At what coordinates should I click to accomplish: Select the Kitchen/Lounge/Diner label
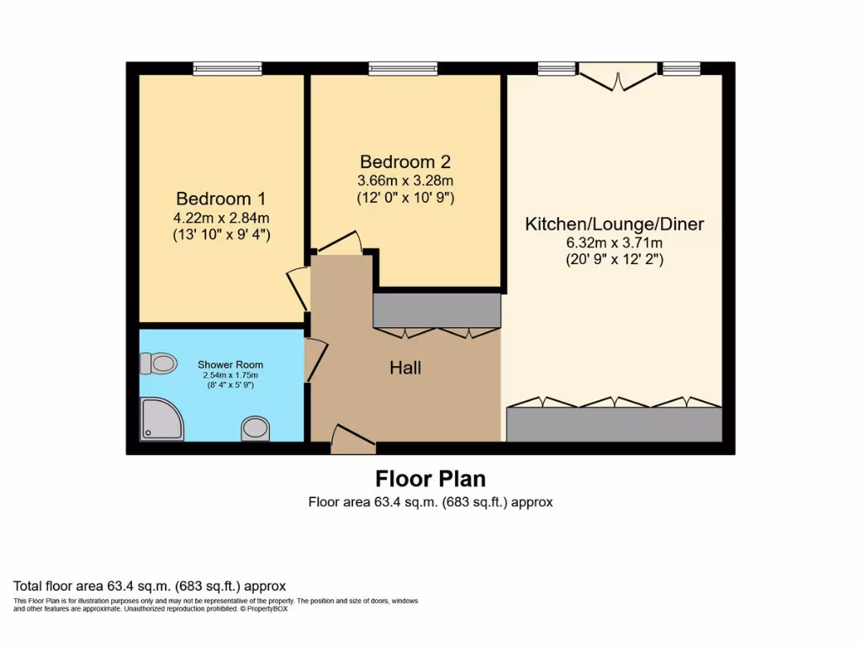click(614, 224)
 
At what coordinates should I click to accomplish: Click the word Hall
click(404, 368)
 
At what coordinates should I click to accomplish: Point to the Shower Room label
click(230, 365)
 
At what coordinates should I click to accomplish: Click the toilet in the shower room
click(158, 363)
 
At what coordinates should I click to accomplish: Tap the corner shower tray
click(161, 418)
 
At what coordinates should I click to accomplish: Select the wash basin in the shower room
click(255, 429)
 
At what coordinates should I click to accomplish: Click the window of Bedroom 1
click(227, 69)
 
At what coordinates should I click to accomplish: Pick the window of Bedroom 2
click(403, 69)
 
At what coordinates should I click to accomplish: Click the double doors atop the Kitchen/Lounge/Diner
click(618, 77)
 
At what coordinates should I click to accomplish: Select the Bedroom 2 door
click(340, 243)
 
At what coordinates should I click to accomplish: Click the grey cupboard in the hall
click(436, 310)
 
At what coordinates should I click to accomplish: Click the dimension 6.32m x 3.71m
click(614, 243)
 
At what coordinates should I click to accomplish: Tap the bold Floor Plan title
click(430, 479)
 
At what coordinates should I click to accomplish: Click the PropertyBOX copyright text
click(264, 609)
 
